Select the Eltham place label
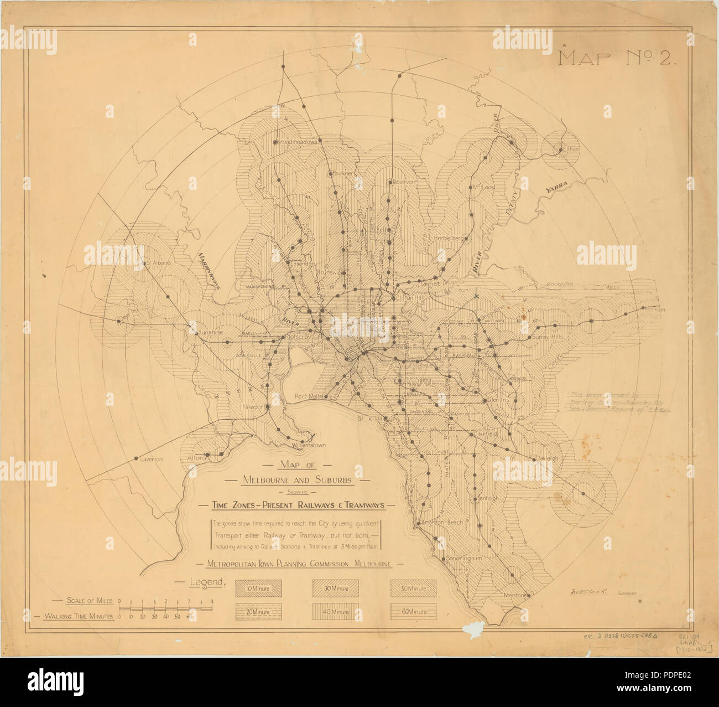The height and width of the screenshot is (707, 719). click(x=569, y=150)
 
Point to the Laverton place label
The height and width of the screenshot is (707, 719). click(x=150, y=460)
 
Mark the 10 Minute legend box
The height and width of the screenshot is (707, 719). click(x=258, y=589)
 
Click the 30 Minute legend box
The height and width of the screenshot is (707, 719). click(x=335, y=589)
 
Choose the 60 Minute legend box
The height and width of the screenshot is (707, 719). click(x=413, y=611)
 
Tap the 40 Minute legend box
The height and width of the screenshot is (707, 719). click(x=335, y=611)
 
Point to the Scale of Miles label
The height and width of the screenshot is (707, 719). click(x=88, y=600)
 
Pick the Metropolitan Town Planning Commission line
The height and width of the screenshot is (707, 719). click(x=299, y=564)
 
